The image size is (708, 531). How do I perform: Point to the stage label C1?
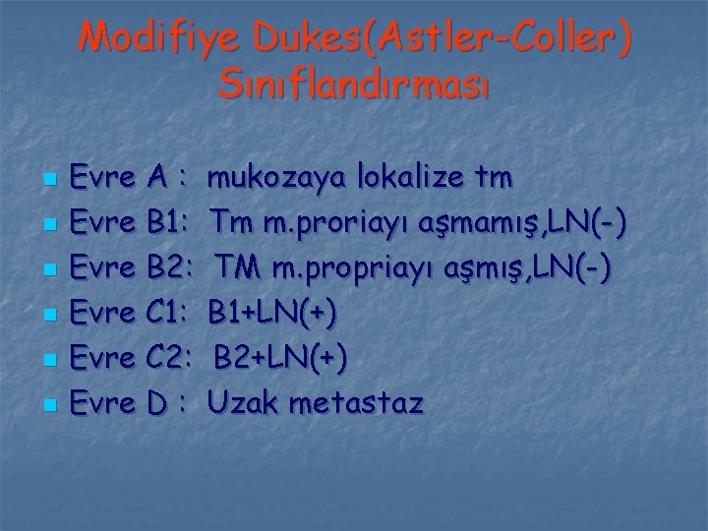click(168, 314)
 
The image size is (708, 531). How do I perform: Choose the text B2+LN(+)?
click(281, 359)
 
